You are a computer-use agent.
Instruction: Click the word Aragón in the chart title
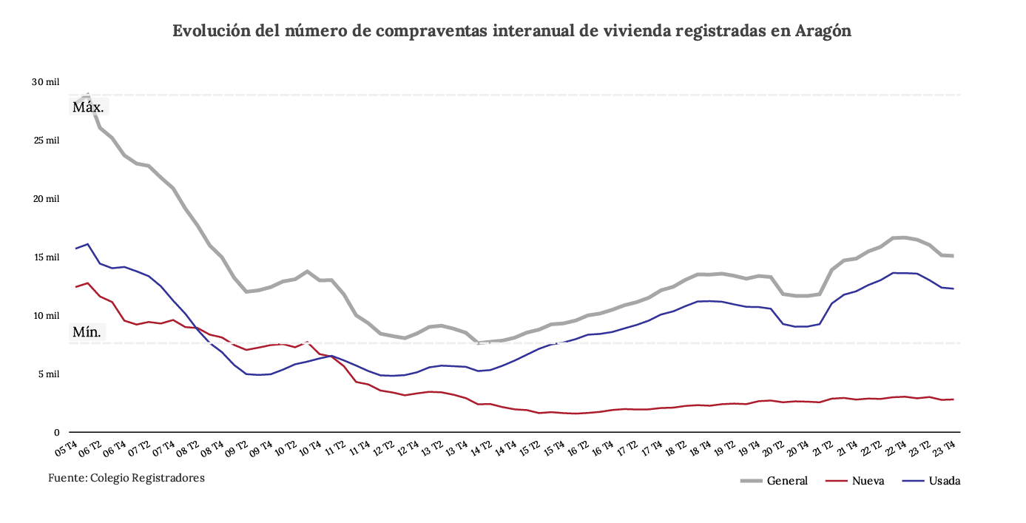coord(823,31)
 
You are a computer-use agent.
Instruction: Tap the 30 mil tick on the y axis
coord(45,82)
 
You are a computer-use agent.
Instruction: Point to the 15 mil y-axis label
coord(45,257)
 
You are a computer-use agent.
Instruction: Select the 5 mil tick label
coord(47,374)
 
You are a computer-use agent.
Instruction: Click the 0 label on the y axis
coord(55,433)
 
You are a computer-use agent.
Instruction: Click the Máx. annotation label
coord(87,107)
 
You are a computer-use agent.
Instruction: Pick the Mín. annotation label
coord(87,332)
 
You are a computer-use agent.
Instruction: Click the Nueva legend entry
coord(868,481)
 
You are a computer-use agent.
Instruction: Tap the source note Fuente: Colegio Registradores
coord(126,478)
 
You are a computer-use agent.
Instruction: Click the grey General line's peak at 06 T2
coord(88,95)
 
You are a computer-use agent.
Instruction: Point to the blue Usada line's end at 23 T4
coord(954,289)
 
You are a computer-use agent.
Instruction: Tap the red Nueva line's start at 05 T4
coord(75,286)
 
